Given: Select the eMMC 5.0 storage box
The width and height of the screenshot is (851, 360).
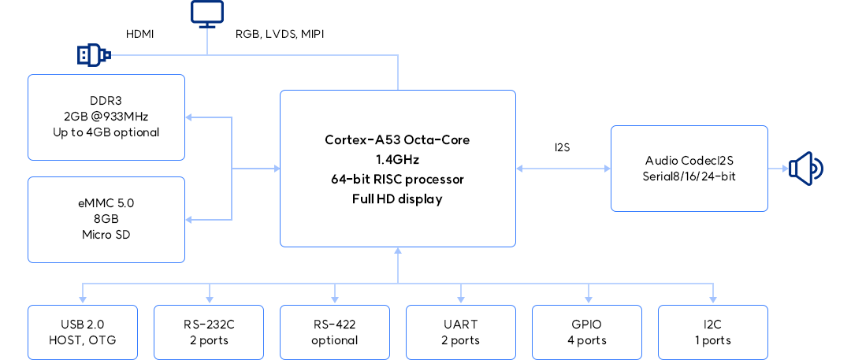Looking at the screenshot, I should (106, 219).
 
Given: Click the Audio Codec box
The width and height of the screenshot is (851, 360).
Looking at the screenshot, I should (689, 168).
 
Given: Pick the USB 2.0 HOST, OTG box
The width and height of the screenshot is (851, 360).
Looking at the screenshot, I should (83, 332).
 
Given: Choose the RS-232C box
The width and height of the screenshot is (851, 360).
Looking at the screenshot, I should (209, 332).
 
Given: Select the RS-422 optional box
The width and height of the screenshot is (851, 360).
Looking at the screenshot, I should (335, 332).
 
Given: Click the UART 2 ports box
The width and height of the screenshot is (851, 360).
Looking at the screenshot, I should (461, 332).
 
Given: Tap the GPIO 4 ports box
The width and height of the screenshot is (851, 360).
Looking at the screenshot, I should (587, 332).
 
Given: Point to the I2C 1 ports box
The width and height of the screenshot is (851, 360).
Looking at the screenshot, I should (713, 332).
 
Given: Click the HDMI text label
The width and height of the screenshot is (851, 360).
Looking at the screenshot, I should (140, 34).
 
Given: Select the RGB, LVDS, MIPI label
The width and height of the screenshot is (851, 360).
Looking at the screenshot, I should (280, 34).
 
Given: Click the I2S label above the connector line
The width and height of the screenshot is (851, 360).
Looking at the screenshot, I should (563, 147).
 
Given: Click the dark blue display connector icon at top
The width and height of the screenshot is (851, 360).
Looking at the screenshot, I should (207, 13).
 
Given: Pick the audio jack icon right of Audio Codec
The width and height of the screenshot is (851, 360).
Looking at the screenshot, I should (806, 168).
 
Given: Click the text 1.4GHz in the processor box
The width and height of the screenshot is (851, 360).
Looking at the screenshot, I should (398, 159).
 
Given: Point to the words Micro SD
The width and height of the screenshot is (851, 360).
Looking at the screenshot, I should (106, 234).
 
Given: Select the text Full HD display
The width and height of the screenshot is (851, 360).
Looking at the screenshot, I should (398, 199).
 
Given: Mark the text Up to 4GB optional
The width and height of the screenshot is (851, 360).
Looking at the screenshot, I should (106, 132).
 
